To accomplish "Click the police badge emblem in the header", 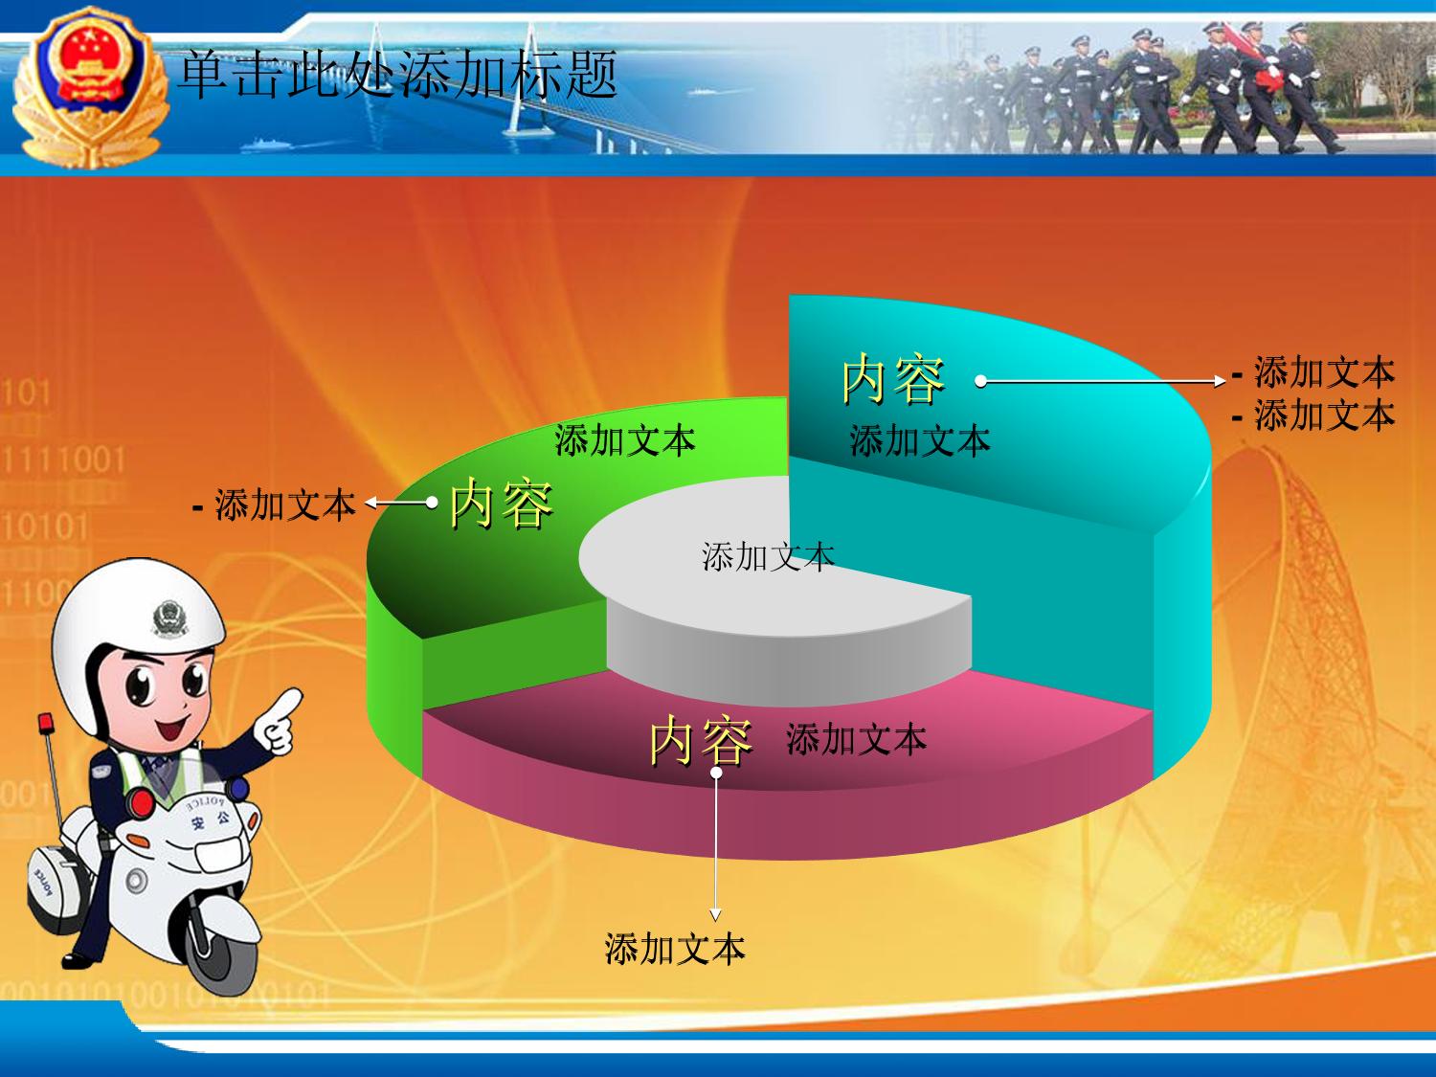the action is click(x=90, y=85).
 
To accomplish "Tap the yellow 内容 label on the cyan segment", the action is click(x=893, y=378).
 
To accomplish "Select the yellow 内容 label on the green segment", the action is click(x=502, y=503).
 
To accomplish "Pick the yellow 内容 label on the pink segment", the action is click(x=701, y=740).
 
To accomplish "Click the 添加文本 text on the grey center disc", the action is click(x=769, y=557).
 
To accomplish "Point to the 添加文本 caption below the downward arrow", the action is click(x=675, y=949).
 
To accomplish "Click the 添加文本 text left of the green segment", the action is click(x=285, y=505).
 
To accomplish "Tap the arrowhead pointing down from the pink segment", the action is click(x=716, y=915).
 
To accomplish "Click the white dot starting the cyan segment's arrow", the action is click(x=980, y=381).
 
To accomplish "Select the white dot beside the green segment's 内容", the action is click(x=432, y=503).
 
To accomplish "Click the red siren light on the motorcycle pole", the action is click(x=46, y=723).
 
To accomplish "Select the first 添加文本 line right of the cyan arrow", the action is click(x=1325, y=372).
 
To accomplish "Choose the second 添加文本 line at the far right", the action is click(x=1325, y=415).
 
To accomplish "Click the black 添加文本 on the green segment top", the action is click(x=625, y=440).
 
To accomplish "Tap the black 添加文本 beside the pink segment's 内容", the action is click(x=857, y=740).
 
